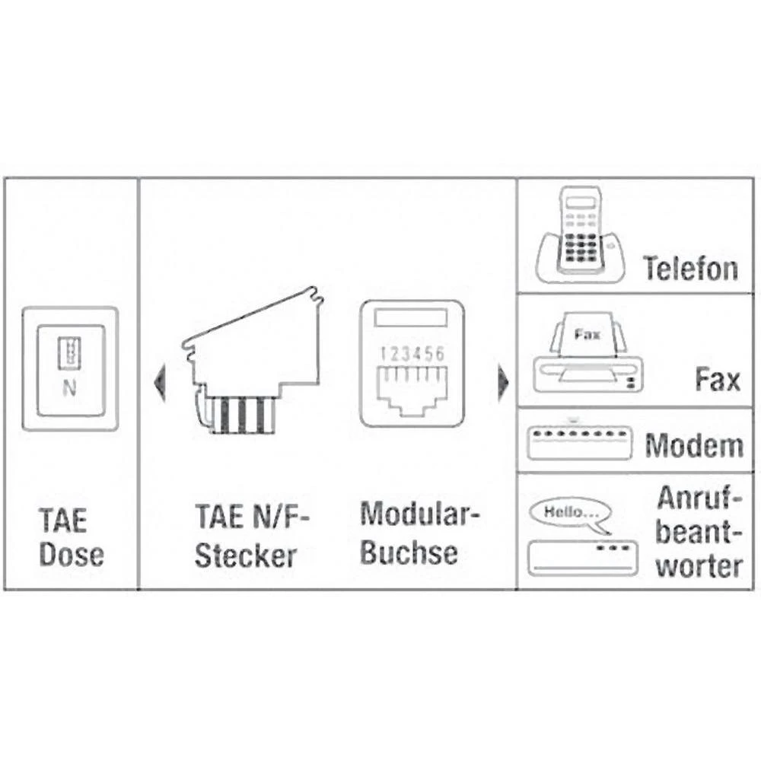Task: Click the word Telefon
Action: tap(690, 268)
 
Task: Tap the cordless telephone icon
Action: tap(582, 237)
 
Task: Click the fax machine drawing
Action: tap(587, 355)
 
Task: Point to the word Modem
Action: tap(694, 446)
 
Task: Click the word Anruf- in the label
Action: tap(698, 499)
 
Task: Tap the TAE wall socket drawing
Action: tap(69, 368)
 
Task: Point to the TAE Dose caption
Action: tap(70, 538)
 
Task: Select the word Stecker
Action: tap(245, 555)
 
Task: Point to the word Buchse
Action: tap(409, 552)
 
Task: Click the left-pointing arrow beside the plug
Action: tap(159, 383)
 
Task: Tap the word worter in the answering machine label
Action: tap(699, 566)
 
